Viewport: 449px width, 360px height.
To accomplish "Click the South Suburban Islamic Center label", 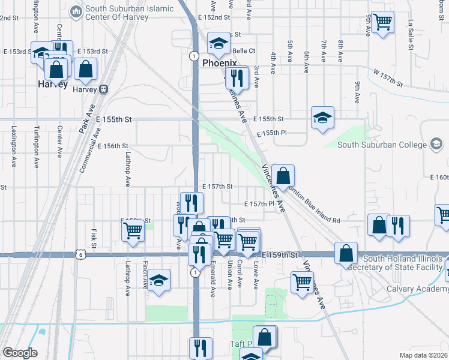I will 129,13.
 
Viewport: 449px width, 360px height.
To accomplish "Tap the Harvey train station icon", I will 103,89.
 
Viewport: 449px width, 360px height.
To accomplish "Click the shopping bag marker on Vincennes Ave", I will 283,176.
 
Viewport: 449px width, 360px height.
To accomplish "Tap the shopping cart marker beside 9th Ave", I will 382,23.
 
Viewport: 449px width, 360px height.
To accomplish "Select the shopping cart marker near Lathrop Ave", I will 133,229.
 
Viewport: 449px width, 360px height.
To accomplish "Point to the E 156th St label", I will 113,146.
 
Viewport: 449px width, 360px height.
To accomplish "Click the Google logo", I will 20,352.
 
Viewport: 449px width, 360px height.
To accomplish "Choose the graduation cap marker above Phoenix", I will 218,43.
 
